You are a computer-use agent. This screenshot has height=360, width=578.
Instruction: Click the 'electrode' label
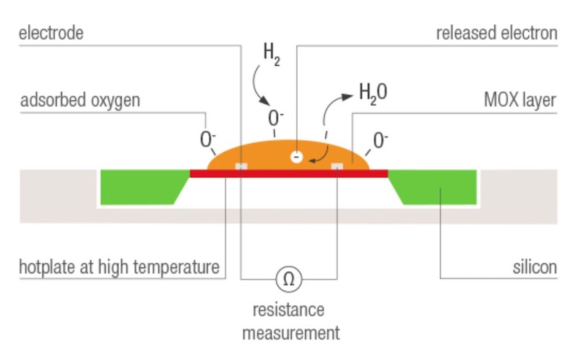click(x=51, y=33)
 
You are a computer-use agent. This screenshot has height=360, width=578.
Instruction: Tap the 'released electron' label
click(x=497, y=33)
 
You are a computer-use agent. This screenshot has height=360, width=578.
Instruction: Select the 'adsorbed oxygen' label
click(x=79, y=100)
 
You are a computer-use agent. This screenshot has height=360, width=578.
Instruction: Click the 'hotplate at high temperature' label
click(x=119, y=267)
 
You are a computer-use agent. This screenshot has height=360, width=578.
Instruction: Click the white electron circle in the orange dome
click(x=296, y=157)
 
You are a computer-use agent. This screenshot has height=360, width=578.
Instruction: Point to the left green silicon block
click(x=142, y=187)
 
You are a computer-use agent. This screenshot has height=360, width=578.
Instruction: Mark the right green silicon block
click(x=436, y=187)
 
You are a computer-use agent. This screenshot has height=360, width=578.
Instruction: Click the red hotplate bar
click(x=289, y=173)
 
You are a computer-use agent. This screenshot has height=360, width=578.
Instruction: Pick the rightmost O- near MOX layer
click(x=381, y=139)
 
